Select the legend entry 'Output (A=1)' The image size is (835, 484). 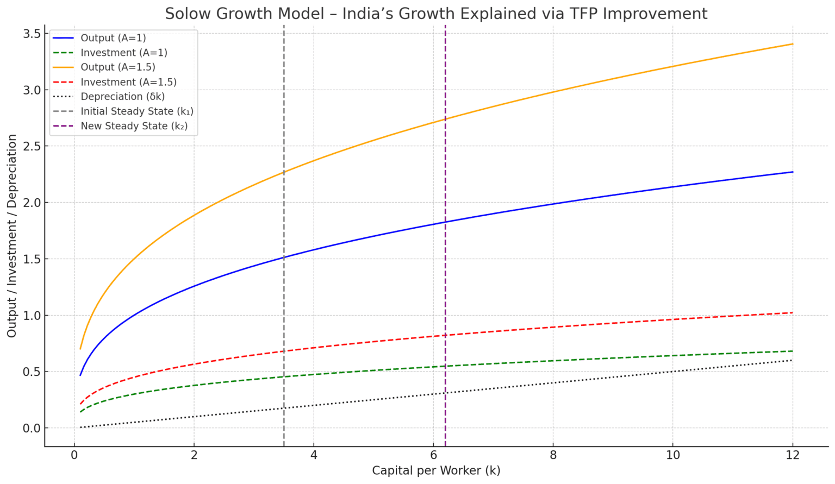pos(113,38)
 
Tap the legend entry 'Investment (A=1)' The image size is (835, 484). pos(123,53)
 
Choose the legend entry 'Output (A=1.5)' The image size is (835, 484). pos(118,67)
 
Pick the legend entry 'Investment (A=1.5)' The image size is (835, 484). pos(128,82)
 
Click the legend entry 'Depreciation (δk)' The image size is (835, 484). pos(122,97)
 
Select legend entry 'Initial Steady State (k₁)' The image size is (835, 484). pos(137,111)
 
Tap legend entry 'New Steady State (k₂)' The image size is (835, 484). pos(134,126)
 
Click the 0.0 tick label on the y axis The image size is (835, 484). pos(31,428)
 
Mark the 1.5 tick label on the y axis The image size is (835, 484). pos(31,259)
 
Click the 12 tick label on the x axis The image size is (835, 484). pos(793,455)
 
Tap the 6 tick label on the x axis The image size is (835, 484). pos(433,455)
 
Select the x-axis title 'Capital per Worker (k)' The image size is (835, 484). pos(436,470)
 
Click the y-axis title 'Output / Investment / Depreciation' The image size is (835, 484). pos(12,236)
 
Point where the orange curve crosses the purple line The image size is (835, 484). pos(445,120)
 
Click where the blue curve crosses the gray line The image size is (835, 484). pos(284,257)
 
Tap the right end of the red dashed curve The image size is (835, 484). pos(793,313)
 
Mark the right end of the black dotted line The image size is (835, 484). pos(793,360)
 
